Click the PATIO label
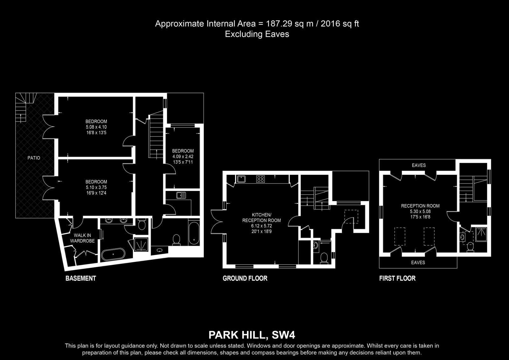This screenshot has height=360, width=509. coord(34,158)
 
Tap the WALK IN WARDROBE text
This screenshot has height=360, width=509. coord(82,238)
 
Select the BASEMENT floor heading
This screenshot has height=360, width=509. coord(81,279)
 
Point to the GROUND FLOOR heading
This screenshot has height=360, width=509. coord(245,279)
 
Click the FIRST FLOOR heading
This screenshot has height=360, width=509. coord(397,279)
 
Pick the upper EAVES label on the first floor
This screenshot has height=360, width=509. coord(419,165)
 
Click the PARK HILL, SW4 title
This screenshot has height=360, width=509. coord(252,335)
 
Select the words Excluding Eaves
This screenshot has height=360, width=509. coord(257,34)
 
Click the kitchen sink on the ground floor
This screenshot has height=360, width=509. coord(241,179)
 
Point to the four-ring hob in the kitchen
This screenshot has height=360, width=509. coord(261,179)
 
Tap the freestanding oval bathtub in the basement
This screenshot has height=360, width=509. coord(113,254)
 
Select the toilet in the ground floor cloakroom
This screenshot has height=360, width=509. coord(324,258)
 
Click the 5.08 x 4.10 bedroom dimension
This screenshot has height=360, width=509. coord(96,127)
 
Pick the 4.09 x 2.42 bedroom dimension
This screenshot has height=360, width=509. coord(183,157)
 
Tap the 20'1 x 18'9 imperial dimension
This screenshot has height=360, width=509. coord(261,231)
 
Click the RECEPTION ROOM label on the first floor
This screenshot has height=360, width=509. coord(420,206)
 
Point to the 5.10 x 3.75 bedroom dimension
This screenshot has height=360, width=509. coord(96,187)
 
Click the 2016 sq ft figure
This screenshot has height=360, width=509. coord(340,24)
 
